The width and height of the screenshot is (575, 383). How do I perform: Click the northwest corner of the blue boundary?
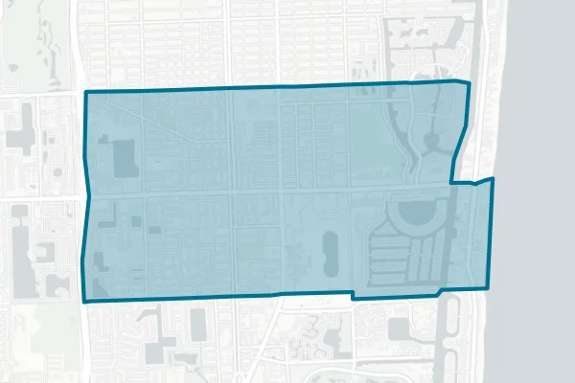[x=87, y=93]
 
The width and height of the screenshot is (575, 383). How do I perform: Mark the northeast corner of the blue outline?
[x=471, y=83]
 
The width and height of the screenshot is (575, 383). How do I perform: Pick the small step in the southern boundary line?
[x=352, y=297]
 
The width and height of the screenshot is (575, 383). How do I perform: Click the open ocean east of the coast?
[x=541, y=191]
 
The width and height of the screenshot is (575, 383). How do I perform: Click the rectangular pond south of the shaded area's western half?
[x=197, y=326]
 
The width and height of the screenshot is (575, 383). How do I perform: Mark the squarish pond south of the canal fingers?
[x=399, y=328]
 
